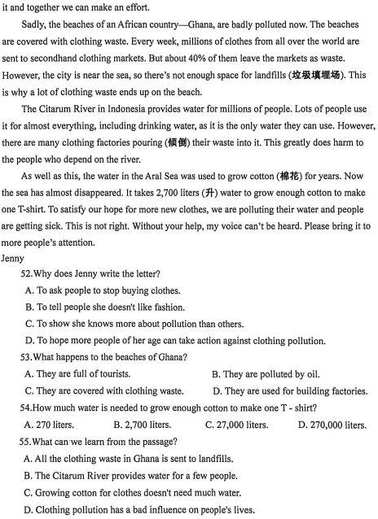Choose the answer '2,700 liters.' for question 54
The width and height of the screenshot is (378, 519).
143,425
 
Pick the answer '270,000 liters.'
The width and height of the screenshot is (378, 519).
332,425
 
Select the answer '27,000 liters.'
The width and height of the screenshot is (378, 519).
237,425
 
